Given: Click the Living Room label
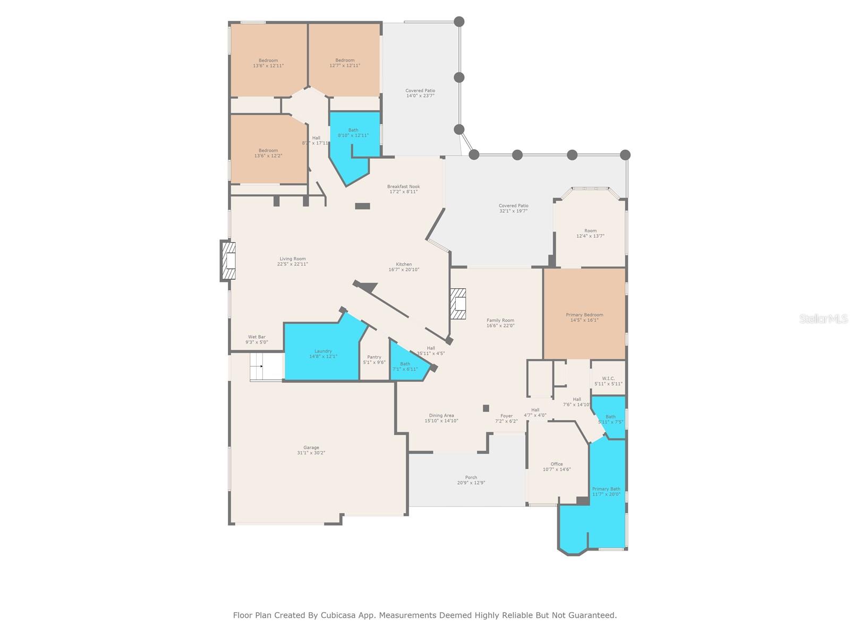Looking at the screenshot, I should point(293,259).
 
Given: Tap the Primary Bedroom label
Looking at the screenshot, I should point(584,315).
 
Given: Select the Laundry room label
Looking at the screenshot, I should point(323,351).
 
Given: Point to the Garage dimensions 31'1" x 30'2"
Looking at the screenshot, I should point(311,453).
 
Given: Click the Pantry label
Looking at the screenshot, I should point(374,357).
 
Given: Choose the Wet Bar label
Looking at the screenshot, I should point(257,337).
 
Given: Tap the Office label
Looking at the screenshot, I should point(556,464).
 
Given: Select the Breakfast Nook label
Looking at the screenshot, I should point(404,186).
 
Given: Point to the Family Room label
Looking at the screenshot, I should point(500,320).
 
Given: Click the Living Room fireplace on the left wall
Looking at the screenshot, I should point(228,260).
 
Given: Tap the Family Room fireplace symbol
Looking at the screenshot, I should point(458,304).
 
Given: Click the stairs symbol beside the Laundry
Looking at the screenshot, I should point(266,366).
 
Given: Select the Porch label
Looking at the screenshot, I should point(471,477).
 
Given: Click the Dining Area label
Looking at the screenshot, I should point(441,416).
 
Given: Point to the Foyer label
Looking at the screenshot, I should point(506,416).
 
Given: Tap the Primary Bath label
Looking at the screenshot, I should point(606,489).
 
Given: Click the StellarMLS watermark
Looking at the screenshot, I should point(823,319).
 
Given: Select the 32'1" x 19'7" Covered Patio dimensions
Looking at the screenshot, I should point(513,211).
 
